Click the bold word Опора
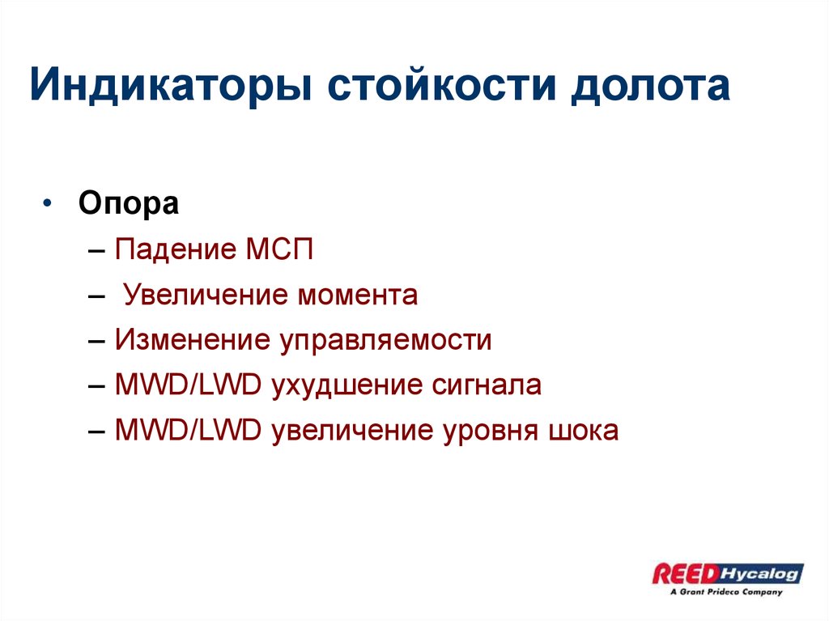(x=129, y=203)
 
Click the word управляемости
(x=386, y=340)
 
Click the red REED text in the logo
(x=685, y=574)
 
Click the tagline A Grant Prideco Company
(x=726, y=592)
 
